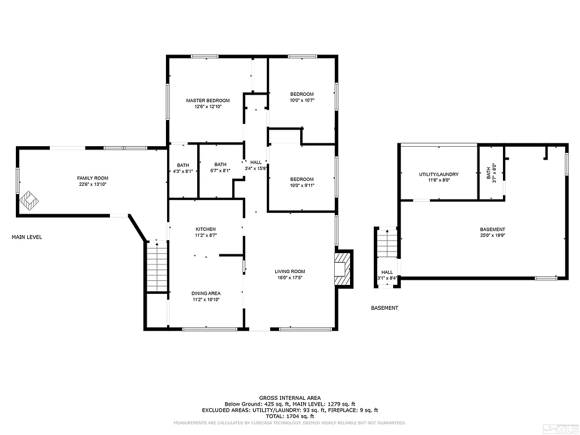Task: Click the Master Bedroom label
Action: tap(208, 100)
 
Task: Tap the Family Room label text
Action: tap(92, 178)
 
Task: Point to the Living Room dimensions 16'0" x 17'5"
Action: tap(290, 278)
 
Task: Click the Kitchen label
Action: tap(205, 229)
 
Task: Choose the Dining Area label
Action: tap(206, 293)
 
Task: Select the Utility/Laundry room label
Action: tap(439, 174)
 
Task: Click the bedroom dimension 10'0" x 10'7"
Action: tap(302, 100)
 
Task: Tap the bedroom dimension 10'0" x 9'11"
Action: tap(302, 185)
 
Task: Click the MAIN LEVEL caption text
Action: tap(27, 237)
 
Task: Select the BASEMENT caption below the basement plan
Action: tap(385, 308)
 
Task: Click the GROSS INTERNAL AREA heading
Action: tap(289, 398)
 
